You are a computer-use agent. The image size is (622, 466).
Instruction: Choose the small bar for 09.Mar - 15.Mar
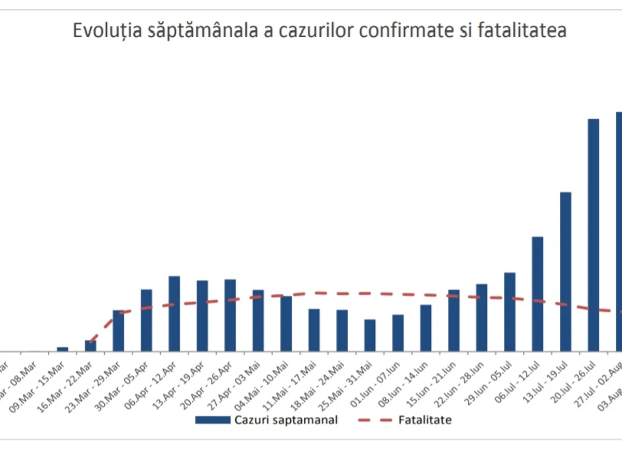(x=63, y=349)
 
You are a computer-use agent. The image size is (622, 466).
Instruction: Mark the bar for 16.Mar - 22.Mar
(x=91, y=346)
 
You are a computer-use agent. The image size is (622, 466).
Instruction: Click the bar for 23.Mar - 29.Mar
(x=119, y=331)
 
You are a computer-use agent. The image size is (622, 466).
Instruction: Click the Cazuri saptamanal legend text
(x=286, y=420)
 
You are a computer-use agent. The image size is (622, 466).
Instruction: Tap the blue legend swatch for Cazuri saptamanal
(x=213, y=420)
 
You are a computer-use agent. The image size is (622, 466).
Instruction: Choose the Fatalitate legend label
(x=425, y=420)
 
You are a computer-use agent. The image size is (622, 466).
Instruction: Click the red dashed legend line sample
(x=374, y=420)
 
